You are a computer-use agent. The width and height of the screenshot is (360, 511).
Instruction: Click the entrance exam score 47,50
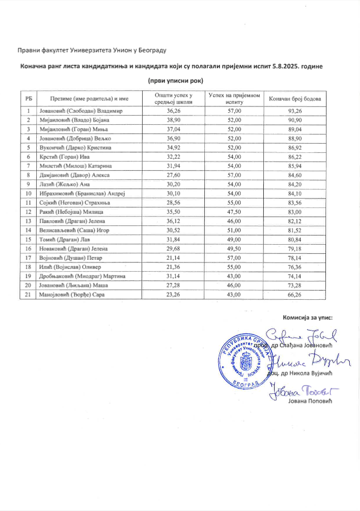tap(228, 212)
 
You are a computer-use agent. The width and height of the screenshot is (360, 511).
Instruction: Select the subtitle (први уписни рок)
tap(179, 80)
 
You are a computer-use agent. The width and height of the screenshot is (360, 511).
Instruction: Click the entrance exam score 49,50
tap(228, 249)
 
